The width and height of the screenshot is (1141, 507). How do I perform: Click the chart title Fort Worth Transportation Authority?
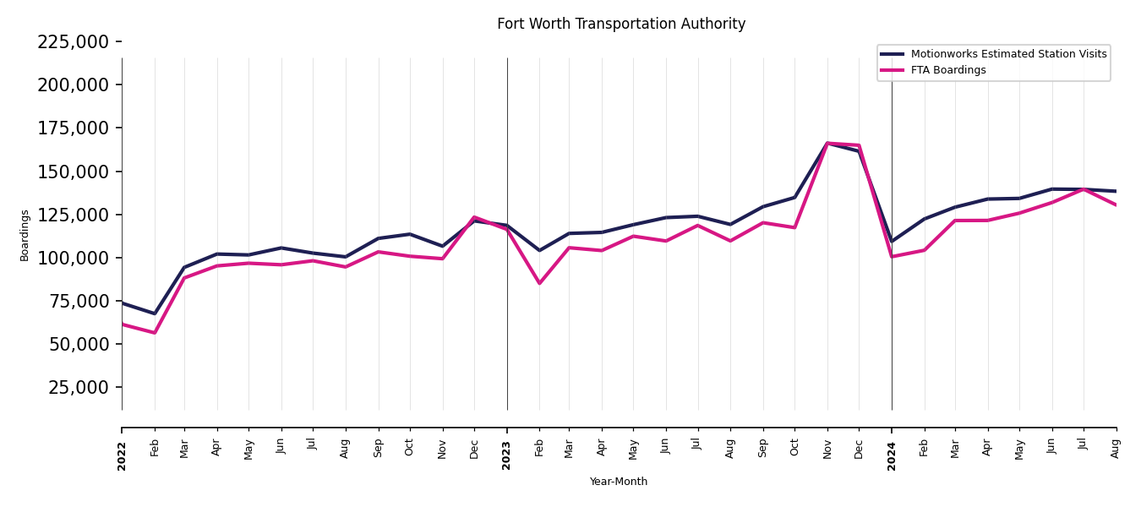coord(621,25)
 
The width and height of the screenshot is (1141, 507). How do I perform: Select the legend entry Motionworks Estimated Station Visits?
coord(1008,54)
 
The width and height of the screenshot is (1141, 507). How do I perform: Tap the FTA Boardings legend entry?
coord(947,70)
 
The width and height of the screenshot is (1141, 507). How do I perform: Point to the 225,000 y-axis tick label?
coord(73,41)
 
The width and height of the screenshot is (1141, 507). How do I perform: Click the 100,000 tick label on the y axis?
coord(73,258)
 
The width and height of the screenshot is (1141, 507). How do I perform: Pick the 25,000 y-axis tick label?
coord(78,387)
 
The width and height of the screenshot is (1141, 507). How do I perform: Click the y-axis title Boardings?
coord(25,235)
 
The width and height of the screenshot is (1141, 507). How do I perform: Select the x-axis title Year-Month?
coord(619,482)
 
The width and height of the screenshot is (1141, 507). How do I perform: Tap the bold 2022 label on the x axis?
coord(122,455)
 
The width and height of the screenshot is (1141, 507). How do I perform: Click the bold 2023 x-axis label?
coord(507,455)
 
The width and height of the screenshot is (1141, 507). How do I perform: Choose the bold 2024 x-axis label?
coord(892,455)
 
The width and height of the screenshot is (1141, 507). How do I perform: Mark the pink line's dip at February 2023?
coord(539,283)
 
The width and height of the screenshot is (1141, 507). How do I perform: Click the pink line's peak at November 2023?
coord(827,143)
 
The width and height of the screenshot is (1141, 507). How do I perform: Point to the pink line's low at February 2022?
coord(155,333)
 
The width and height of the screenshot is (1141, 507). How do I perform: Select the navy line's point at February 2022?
coord(155,313)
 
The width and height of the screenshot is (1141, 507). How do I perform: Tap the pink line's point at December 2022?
coord(474,217)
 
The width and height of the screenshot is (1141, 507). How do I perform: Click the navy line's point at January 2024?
coord(892,242)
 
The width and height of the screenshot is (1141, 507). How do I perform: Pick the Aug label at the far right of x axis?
coord(1116,448)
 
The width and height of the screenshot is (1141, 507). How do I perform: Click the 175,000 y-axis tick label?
coord(73,128)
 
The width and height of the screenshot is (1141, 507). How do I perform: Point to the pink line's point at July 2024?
coord(1084,189)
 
